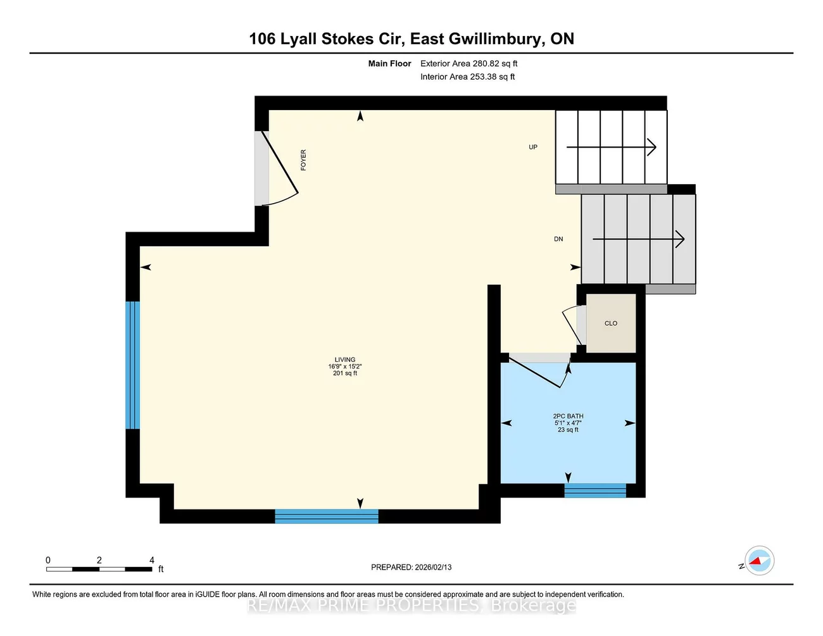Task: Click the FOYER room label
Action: (x=303, y=159)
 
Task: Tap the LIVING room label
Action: (x=345, y=360)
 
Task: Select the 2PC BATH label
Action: (x=568, y=416)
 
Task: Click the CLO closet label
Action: (x=611, y=323)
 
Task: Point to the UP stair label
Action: (x=533, y=147)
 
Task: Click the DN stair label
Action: (x=558, y=239)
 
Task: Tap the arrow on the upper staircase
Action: (x=612, y=147)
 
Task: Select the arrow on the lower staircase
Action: (x=638, y=239)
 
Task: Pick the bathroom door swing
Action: (x=538, y=372)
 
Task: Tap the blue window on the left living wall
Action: (x=132, y=365)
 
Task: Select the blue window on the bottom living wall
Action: (x=327, y=516)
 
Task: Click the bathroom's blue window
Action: (x=595, y=490)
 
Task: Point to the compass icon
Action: (x=759, y=561)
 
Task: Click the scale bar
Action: (x=99, y=569)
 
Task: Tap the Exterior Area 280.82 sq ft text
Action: (x=469, y=63)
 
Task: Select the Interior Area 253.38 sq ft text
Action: (x=468, y=77)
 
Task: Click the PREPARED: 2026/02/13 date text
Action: (x=411, y=567)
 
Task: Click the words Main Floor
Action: (x=389, y=63)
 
